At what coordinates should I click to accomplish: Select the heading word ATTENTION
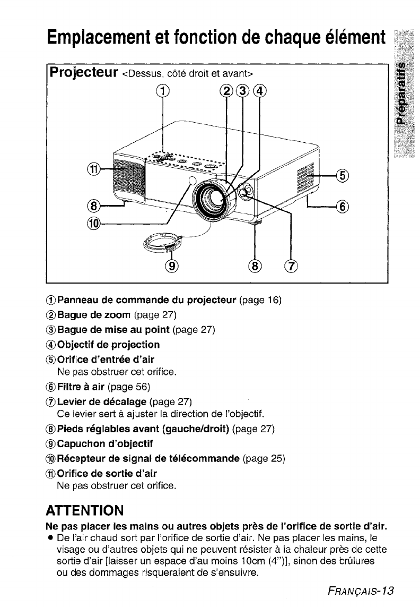click(85, 511)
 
